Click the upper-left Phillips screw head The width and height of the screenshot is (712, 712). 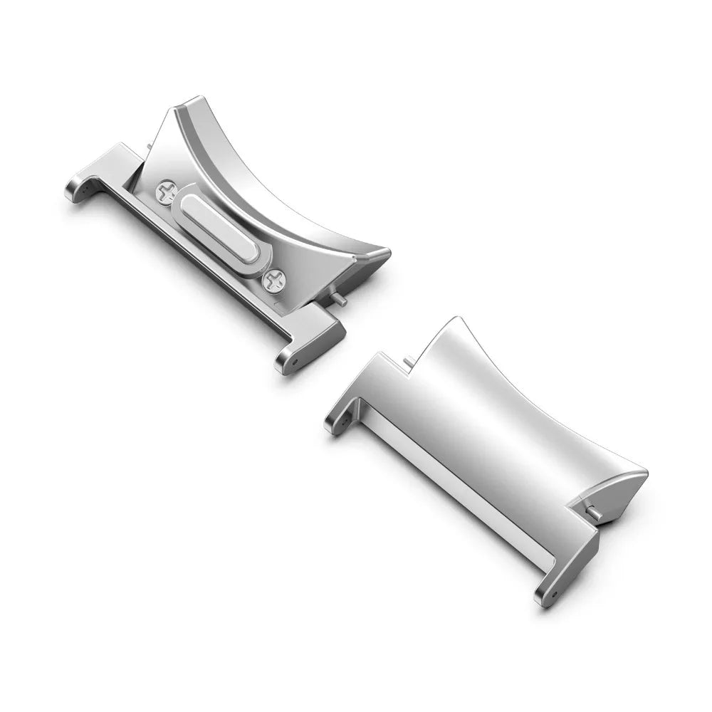point(165,190)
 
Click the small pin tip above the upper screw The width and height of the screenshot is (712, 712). point(147,147)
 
